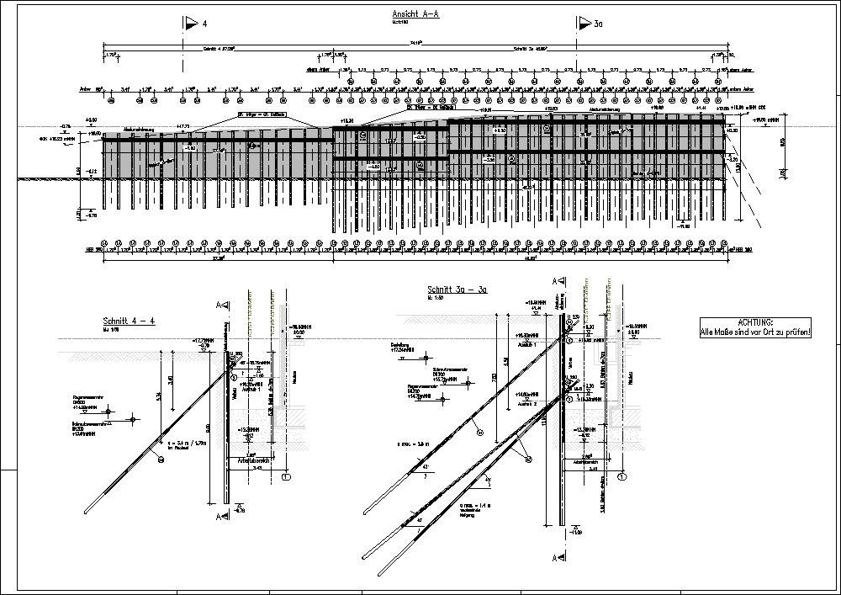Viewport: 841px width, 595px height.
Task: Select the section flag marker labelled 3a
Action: tap(584, 24)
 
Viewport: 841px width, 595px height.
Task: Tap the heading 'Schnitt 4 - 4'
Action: tap(129, 321)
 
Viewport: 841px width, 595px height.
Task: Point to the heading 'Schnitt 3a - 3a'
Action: tap(458, 289)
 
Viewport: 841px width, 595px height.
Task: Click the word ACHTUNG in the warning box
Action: tap(756, 322)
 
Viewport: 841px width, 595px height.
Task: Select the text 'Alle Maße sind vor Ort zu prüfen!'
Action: tap(756, 333)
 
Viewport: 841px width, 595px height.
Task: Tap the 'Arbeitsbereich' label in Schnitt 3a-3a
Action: tap(579, 463)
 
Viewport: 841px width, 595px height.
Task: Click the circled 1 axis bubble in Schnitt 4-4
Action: tap(287, 477)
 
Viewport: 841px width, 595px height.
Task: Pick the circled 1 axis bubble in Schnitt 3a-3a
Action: tap(622, 476)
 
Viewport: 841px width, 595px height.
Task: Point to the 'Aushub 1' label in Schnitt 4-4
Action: tap(250, 390)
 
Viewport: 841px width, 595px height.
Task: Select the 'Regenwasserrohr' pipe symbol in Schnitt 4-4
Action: tap(133, 417)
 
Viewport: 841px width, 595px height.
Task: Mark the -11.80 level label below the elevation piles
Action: tap(684, 226)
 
